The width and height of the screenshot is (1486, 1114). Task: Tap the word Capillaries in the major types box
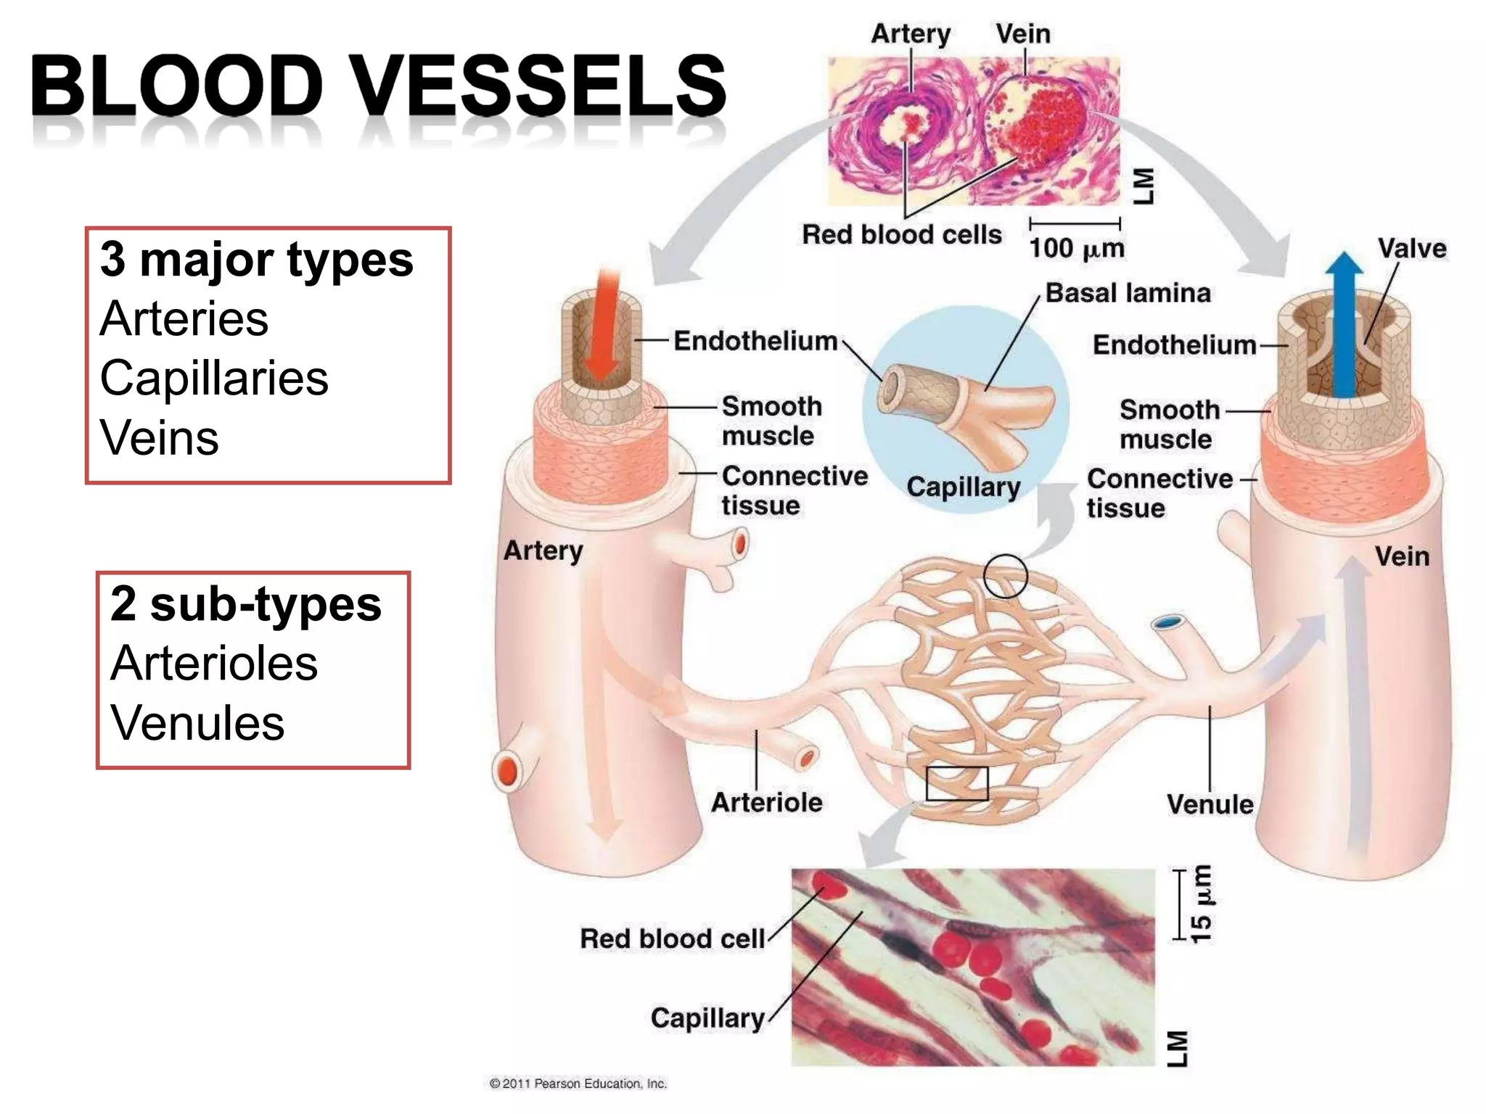coord(214,379)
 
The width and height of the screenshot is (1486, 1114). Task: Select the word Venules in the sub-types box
coord(197,723)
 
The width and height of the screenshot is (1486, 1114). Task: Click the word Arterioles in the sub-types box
coord(214,663)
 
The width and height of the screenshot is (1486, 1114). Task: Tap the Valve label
coord(1411,249)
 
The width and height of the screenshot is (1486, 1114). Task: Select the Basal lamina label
coord(1128,293)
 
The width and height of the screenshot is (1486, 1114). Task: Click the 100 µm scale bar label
coord(1076,248)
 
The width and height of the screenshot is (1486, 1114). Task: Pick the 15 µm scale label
coord(1201,904)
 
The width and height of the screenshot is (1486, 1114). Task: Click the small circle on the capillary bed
coord(1005,576)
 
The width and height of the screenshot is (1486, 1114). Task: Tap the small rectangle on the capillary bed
coord(956,783)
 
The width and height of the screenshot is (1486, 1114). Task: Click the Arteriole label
coord(766,802)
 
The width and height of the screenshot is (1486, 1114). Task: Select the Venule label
coord(1210,804)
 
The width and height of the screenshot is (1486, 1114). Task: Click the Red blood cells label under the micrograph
coord(901,235)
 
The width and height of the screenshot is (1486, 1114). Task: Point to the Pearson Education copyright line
coord(578,1084)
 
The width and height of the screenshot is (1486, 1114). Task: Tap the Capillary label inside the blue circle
coord(963,487)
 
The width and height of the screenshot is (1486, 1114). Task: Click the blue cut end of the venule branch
coord(1167,622)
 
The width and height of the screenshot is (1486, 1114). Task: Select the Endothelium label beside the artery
coord(755,341)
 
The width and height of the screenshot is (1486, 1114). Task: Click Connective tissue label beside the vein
coord(1159,493)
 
